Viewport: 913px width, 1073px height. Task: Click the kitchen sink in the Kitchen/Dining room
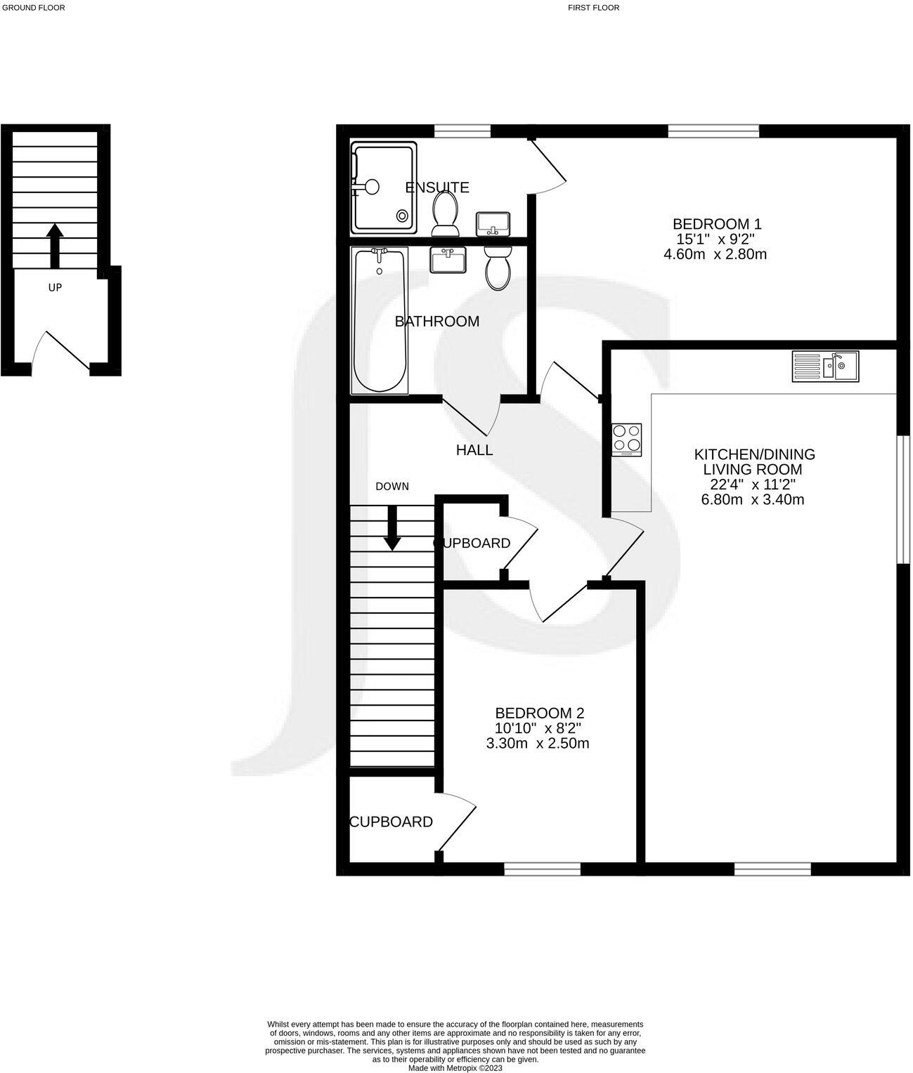(x=825, y=367)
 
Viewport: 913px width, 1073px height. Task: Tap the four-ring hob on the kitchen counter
(x=626, y=439)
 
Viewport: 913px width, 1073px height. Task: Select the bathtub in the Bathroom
(x=380, y=320)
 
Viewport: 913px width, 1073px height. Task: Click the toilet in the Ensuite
(x=445, y=213)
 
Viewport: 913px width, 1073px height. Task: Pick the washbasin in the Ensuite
(x=493, y=224)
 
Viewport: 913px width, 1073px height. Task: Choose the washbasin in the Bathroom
(x=447, y=261)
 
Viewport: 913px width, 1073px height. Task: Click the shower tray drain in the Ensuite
(x=403, y=216)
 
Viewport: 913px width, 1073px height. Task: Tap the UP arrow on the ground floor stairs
(x=55, y=245)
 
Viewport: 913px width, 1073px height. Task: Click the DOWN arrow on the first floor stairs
(x=392, y=527)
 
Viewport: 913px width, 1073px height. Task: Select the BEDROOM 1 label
(x=717, y=224)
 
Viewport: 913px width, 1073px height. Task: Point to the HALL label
(x=474, y=450)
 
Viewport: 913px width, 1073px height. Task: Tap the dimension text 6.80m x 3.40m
(x=753, y=500)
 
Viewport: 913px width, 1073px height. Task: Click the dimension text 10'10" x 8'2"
(x=538, y=728)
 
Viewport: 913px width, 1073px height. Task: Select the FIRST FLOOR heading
(x=594, y=8)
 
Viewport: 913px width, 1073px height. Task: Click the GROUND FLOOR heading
(x=34, y=8)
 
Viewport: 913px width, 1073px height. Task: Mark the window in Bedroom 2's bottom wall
(x=543, y=869)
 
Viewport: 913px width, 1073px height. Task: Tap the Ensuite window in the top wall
(x=462, y=131)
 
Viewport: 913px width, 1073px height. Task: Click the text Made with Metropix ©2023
(x=455, y=1068)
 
